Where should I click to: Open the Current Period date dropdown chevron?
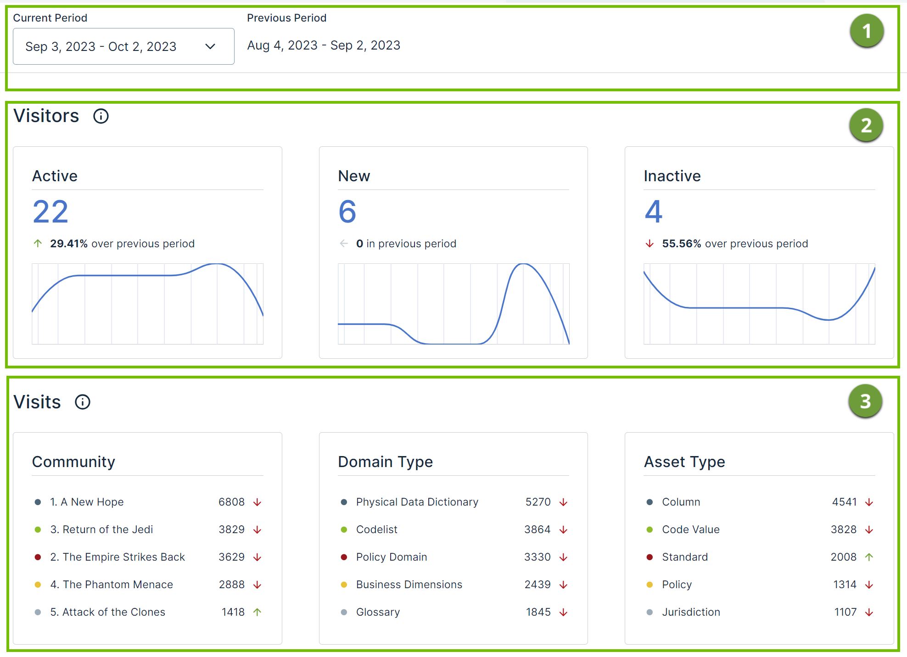point(210,46)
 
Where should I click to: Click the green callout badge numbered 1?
point(866,31)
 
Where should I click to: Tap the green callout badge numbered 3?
point(865,401)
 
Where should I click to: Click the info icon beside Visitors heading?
point(101,116)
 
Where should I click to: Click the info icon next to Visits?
point(83,402)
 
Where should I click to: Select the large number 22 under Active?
point(50,212)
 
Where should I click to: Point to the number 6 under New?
point(347,212)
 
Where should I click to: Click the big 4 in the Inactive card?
point(654,212)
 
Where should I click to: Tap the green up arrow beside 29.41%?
point(38,243)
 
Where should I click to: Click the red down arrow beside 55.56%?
point(649,243)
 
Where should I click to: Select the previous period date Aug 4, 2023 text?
point(282,45)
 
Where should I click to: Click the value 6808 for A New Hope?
point(231,502)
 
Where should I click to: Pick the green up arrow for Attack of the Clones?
point(258,612)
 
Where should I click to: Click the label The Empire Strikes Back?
point(123,557)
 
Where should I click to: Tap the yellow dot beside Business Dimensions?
point(344,585)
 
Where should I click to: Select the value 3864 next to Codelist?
point(537,529)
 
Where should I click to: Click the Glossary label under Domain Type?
point(378,612)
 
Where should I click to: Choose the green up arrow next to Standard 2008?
point(869,557)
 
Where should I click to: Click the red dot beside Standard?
point(649,557)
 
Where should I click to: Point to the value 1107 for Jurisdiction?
point(845,612)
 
